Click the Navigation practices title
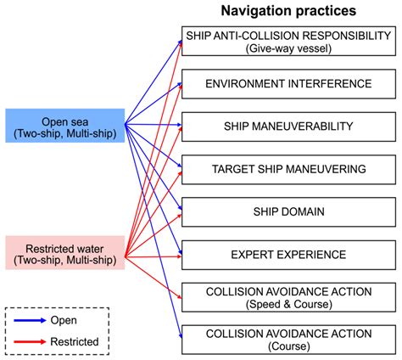[288, 12]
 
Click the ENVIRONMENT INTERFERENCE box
[288, 84]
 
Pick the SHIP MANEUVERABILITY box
[288, 127]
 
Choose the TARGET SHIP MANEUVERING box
[288, 169]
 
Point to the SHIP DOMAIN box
[288, 211]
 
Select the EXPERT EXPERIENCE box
[288, 254]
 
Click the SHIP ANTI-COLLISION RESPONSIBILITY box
[288, 41]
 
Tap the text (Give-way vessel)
[288, 49]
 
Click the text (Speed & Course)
[288, 303]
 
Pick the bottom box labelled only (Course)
[288, 340]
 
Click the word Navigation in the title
[256, 12]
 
